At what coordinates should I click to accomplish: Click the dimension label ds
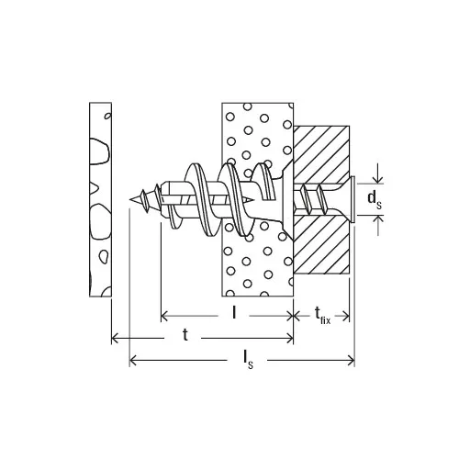[x=375, y=199]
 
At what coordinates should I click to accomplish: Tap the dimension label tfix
[x=323, y=316]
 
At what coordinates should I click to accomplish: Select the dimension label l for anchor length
[x=234, y=312]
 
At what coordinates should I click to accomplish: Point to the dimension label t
[x=185, y=335]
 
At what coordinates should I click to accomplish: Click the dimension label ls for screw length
[x=248, y=359]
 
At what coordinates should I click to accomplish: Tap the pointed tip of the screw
[x=130, y=199]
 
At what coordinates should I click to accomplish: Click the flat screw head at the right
[x=353, y=199]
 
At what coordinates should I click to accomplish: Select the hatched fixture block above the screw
[x=321, y=154]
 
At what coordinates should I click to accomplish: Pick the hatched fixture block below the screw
[x=321, y=245]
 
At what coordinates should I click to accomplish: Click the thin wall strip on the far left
[x=100, y=199]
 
